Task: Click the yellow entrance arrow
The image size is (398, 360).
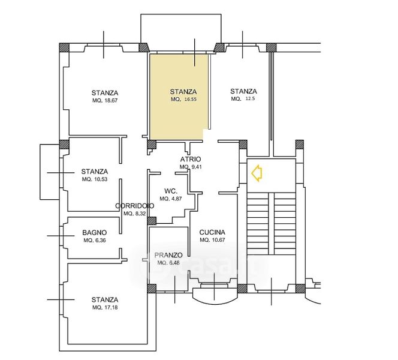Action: [x=257, y=173]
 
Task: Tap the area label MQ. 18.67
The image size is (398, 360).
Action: [x=105, y=100]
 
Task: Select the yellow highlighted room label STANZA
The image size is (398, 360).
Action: [x=183, y=92]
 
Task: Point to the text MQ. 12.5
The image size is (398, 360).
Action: [x=243, y=99]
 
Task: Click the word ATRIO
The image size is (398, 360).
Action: [x=191, y=159]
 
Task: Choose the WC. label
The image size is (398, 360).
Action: [x=171, y=191]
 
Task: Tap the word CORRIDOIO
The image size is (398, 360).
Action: [x=134, y=206]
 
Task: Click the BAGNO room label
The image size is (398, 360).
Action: [x=95, y=232]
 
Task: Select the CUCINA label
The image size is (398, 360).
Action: [x=212, y=232]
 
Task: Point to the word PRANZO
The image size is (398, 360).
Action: [x=168, y=255]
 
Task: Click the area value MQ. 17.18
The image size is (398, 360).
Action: [x=105, y=307]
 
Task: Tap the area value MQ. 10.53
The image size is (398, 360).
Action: [x=95, y=179]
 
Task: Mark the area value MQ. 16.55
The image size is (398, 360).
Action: [x=183, y=100]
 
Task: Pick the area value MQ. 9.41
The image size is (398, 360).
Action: [x=191, y=167]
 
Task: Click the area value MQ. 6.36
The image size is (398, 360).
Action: [x=95, y=241]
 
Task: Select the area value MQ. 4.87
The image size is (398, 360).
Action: [x=171, y=199]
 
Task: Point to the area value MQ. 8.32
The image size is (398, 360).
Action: [x=134, y=214]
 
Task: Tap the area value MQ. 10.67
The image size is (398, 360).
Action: [x=212, y=240]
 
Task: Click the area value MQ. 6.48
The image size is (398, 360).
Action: [x=168, y=263]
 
